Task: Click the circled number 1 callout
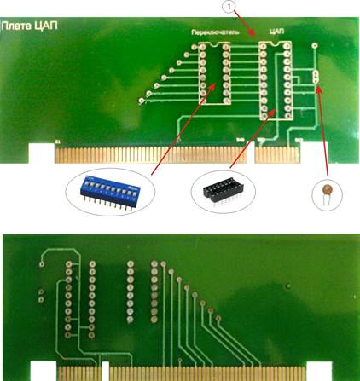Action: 229,6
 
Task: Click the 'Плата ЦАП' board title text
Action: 30,26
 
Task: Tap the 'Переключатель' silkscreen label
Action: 215,32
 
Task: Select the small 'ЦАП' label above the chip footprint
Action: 276,31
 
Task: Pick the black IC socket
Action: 224,190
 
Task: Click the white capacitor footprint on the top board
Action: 315,77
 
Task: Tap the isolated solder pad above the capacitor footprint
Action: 315,45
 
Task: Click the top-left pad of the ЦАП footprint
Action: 264,46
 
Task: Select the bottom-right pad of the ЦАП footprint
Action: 287,115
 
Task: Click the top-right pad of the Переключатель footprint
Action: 226,47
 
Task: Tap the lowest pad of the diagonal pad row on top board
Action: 142,101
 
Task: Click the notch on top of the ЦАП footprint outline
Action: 275,43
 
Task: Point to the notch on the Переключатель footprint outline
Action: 214,44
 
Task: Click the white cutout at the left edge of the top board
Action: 42,153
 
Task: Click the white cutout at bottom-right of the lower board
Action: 319,371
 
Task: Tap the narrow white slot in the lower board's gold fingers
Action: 106,371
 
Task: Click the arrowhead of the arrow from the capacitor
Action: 318,89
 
